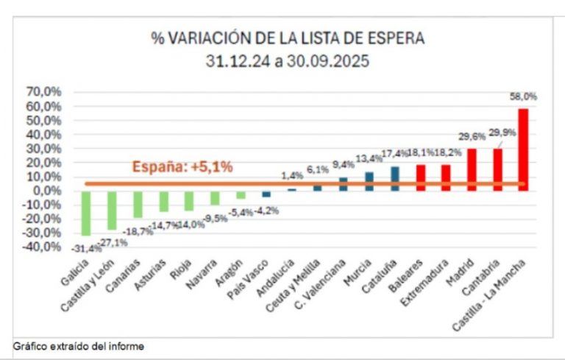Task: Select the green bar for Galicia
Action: (86, 213)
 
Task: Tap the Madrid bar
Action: (472, 169)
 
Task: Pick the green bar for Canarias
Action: (138, 204)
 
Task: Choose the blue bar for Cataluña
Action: (395, 178)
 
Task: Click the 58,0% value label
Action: (523, 96)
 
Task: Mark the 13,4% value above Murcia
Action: (369, 159)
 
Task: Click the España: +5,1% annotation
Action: (182, 167)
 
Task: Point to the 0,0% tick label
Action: (46, 191)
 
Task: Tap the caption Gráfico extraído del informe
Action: (79, 346)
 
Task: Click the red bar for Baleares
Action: (421, 177)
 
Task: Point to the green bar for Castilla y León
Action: (112, 210)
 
